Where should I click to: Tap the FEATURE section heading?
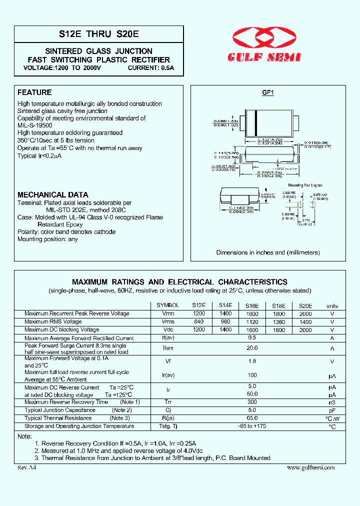pyautogui.click(x=34, y=92)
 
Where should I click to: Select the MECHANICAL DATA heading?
pyautogui.click(x=53, y=194)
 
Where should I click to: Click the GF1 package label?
pyautogui.click(x=268, y=93)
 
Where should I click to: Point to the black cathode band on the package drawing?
pyautogui.click(x=256, y=122)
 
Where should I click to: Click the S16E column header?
pyautogui.click(x=252, y=306)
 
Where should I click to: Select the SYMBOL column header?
pyautogui.click(x=167, y=305)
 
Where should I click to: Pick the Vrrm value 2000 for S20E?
pyautogui.click(x=305, y=314)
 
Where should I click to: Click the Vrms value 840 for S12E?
pyautogui.click(x=198, y=322)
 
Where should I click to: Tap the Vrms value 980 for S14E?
pyautogui.click(x=225, y=322)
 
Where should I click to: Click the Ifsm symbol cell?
pyautogui.click(x=168, y=348)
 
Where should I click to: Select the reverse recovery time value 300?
pyautogui.click(x=252, y=402)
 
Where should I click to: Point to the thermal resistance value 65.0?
pyautogui.click(x=252, y=418)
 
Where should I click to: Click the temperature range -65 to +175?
pyautogui.click(x=252, y=426)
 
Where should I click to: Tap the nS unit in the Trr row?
pyautogui.click(x=332, y=402)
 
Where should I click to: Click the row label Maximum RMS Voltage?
pyautogui.click(x=53, y=321)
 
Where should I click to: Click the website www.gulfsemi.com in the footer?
pyautogui.click(x=311, y=467)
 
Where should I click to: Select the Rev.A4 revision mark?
pyautogui.click(x=27, y=467)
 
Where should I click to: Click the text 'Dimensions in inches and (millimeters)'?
pyautogui.click(x=268, y=252)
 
